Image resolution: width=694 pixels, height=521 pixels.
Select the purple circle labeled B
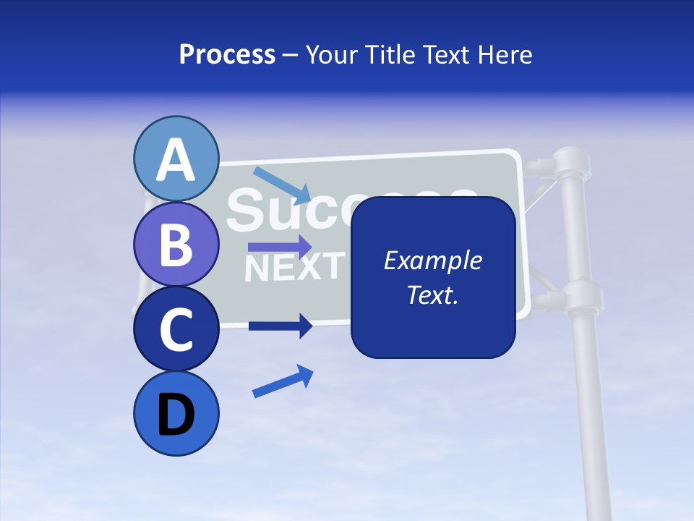click(x=176, y=244)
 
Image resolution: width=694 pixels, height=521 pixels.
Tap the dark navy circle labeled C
click(x=176, y=329)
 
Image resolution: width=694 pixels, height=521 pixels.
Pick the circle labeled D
click(x=176, y=414)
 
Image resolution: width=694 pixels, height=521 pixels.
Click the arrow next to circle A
click(x=283, y=185)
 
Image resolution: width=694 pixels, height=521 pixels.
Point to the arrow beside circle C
click(x=280, y=326)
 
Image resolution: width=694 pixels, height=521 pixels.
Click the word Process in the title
click(x=227, y=54)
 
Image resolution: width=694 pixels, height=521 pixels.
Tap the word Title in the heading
click(x=391, y=54)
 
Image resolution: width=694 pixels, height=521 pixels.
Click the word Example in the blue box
click(x=432, y=260)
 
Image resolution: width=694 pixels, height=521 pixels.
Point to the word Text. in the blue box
click(x=432, y=295)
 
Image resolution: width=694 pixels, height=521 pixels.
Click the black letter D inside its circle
click(x=176, y=415)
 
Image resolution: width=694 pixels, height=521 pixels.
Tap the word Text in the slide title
click(x=445, y=54)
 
